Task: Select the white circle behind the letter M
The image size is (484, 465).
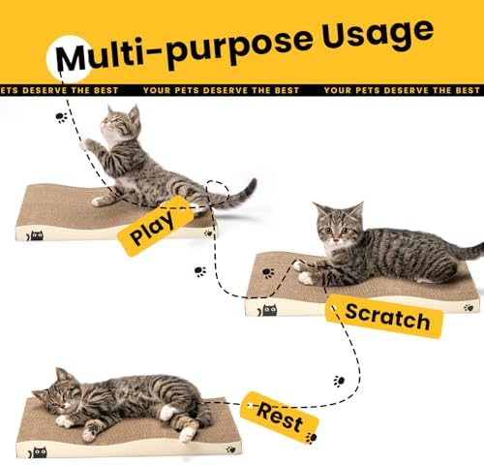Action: click(70, 59)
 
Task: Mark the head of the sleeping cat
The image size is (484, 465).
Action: click(57, 391)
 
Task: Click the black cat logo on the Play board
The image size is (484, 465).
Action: click(36, 234)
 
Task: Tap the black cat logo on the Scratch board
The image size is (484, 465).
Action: click(269, 309)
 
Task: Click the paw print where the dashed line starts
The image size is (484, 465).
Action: click(61, 117)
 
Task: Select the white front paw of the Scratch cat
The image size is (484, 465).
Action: click(306, 277)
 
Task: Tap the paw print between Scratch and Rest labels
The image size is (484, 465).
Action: click(339, 381)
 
